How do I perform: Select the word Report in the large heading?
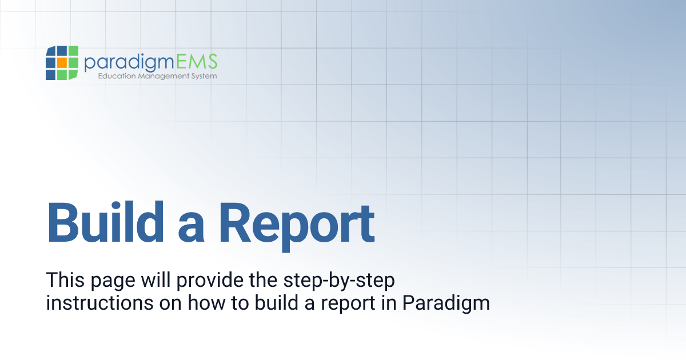pyautogui.click(x=297, y=222)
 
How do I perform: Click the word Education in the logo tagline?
pyautogui.click(x=115, y=76)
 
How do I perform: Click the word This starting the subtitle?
pyautogui.click(x=62, y=280)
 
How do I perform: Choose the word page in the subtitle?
pyautogui.click(x=105, y=282)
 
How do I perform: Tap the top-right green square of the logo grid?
pyautogui.click(x=73, y=51)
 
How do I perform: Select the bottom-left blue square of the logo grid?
pyautogui.click(x=51, y=74)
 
